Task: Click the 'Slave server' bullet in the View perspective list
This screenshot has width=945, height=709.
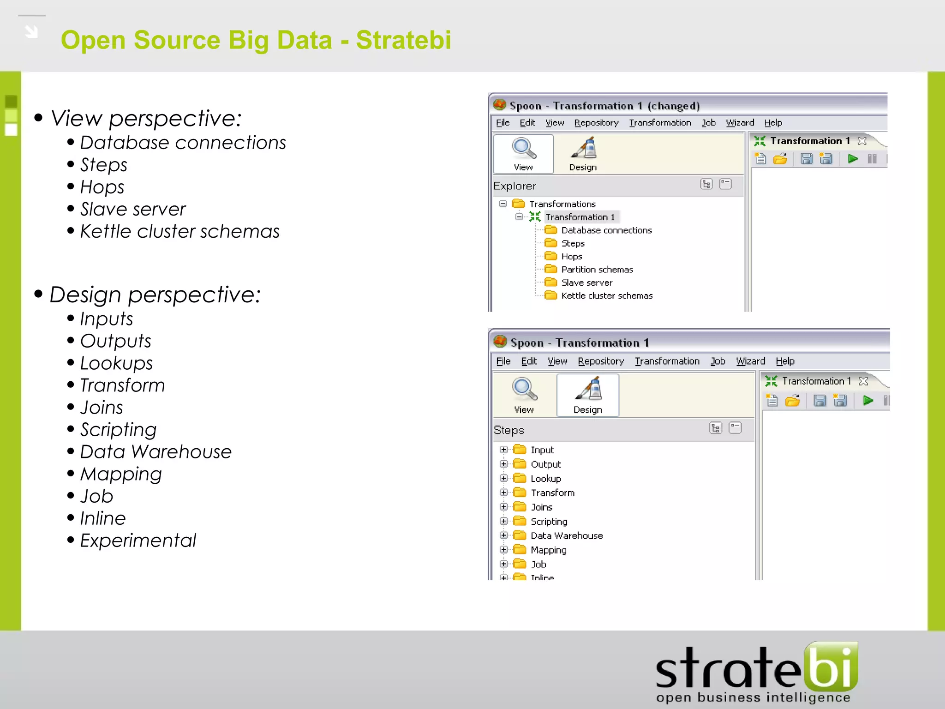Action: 133,210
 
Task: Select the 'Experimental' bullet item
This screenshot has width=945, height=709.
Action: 138,541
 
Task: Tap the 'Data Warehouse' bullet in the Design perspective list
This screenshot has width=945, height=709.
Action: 156,452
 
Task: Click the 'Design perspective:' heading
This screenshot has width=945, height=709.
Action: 155,295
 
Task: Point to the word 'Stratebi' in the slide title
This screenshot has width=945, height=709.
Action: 403,40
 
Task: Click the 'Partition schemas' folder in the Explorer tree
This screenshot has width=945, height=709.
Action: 597,270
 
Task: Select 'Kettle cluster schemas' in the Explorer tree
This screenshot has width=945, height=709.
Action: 606,296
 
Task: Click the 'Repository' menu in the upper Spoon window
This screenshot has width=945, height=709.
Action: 596,123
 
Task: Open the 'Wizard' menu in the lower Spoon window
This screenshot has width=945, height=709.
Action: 750,361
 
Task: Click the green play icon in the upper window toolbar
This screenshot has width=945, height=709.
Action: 853,159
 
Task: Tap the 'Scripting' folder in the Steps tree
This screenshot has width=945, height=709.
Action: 549,522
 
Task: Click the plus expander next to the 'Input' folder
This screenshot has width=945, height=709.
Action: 504,450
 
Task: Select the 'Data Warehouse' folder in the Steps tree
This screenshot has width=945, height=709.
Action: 566,536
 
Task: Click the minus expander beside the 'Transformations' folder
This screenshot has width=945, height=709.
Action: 503,204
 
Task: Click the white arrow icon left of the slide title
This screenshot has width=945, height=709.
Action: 31,31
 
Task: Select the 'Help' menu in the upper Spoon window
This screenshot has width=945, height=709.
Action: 773,123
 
